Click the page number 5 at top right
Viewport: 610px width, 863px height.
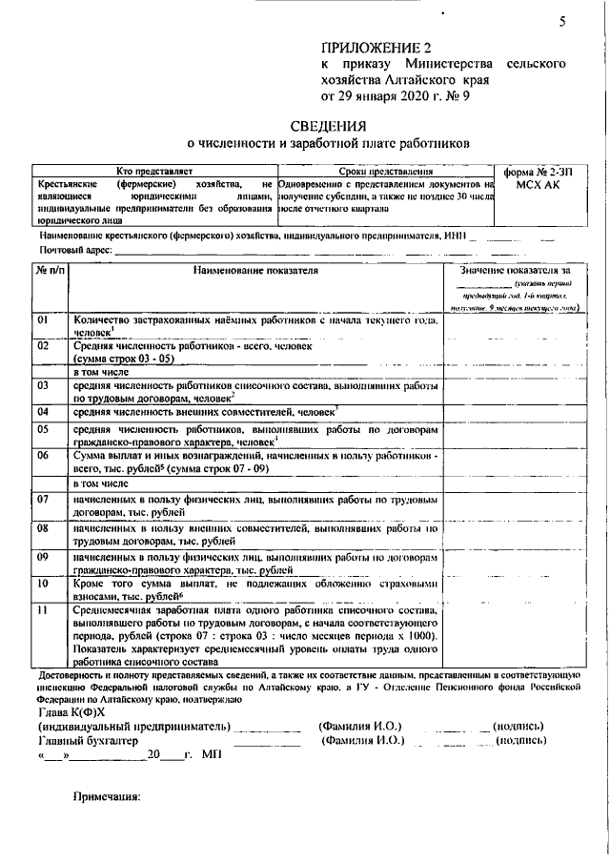pyautogui.click(x=563, y=25)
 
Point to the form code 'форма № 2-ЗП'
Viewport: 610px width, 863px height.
pyautogui.click(x=539, y=173)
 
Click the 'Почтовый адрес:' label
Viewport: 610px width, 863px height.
pyautogui.click(x=73, y=249)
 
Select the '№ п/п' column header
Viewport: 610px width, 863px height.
pyautogui.click(x=51, y=272)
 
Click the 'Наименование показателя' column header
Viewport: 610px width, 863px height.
pyautogui.click(x=254, y=272)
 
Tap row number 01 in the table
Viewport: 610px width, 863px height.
pyautogui.click(x=43, y=320)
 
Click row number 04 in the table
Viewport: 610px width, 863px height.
pyautogui.click(x=43, y=412)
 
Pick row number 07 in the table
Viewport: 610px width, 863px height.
pyautogui.click(x=43, y=499)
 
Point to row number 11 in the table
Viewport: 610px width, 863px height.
pyautogui.click(x=43, y=610)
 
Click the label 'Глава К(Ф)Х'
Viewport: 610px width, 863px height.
pyautogui.click(x=71, y=711)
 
